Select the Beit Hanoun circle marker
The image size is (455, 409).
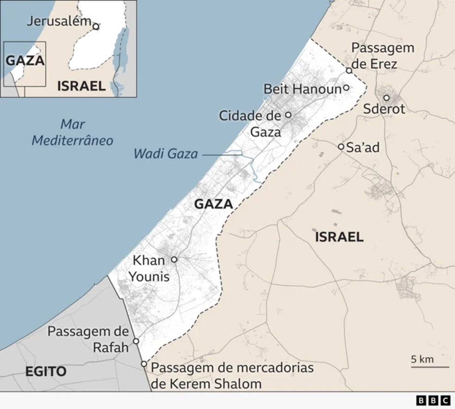coord(346,88)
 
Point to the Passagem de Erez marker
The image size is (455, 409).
coord(349,70)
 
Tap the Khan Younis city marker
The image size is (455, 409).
coord(174,260)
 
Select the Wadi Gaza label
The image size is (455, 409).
coord(166,153)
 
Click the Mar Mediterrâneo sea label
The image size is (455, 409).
coord(73,132)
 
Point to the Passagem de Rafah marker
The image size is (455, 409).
coord(136,341)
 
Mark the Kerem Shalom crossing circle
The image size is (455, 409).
coord(144,364)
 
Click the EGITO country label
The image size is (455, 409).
coord(46,372)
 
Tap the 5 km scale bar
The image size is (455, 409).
coord(430,367)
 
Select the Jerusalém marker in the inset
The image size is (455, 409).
coord(96,26)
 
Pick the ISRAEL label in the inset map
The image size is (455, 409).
coord(81,85)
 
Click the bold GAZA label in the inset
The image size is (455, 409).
coord(25,61)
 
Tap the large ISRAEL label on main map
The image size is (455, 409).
coord(339,237)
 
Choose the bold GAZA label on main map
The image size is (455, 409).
coord(213,204)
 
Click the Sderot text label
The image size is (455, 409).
coord(384,110)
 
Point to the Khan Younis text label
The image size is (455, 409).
coord(149,269)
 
